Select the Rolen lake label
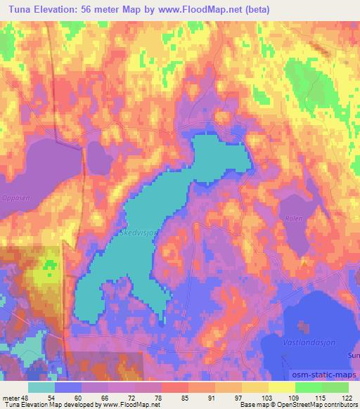[x=293, y=219]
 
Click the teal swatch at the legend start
[x=42, y=387]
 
